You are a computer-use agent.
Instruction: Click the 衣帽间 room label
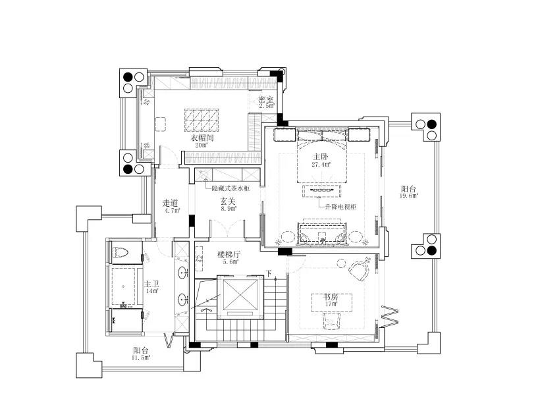(203, 138)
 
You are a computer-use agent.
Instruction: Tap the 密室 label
(266, 100)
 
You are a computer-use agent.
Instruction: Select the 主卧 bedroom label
(321, 157)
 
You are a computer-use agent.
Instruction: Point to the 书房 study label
(331, 296)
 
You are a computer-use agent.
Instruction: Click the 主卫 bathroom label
(151, 284)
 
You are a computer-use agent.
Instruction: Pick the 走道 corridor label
(171, 203)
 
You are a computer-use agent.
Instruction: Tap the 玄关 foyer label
(228, 201)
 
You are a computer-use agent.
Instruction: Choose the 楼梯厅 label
(229, 254)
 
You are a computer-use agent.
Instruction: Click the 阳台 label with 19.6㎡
(409, 189)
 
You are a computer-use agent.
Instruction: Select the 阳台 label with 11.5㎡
(141, 350)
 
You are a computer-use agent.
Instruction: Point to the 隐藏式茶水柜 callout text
(230, 188)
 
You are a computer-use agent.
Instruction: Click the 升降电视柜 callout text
(340, 207)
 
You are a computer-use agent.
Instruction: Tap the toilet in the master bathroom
(121, 252)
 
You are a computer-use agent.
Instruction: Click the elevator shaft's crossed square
(240, 294)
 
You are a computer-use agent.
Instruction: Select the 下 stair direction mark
(269, 274)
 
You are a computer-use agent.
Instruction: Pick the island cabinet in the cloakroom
(202, 121)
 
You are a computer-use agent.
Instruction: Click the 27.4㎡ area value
(321, 164)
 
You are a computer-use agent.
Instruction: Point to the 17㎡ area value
(331, 304)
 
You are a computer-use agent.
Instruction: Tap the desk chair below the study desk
(332, 321)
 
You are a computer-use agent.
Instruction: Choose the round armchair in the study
(359, 271)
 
